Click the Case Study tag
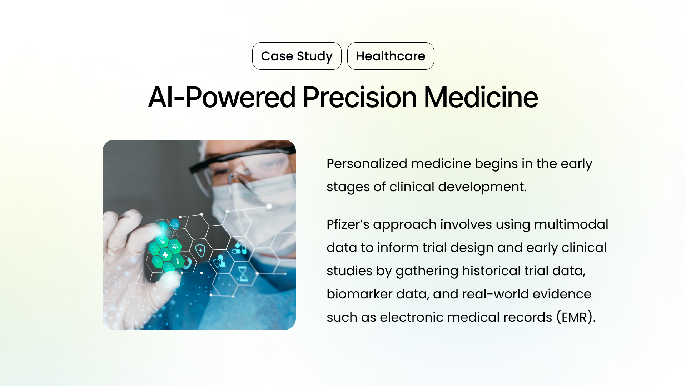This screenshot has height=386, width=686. pyautogui.click(x=297, y=56)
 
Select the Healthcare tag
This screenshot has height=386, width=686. pyautogui.click(x=391, y=56)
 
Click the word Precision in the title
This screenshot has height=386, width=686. pyautogui.click(x=359, y=97)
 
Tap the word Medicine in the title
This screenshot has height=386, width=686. pyautogui.click(x=481, y=97)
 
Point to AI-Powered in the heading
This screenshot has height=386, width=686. pyautogui.click(x=222, y=97)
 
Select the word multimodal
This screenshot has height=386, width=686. pyautogui.click(x=571, y=224)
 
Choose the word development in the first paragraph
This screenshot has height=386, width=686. pyautogui.click(x=482, y=187)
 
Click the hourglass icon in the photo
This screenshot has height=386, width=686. pyautogui.click(x=243, y=274)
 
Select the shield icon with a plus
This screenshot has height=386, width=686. pyautogui.click(x=200, y=250)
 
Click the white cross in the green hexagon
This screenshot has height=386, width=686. pyautogui.click(x=165, y=255)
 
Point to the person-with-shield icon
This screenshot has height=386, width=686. pyautogui.click(x=220, y=262)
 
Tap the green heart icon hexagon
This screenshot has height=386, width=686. pyautogui.click(x=174, y=247)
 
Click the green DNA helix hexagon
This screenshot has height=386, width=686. pyautogui.click(x=178, y=261)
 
